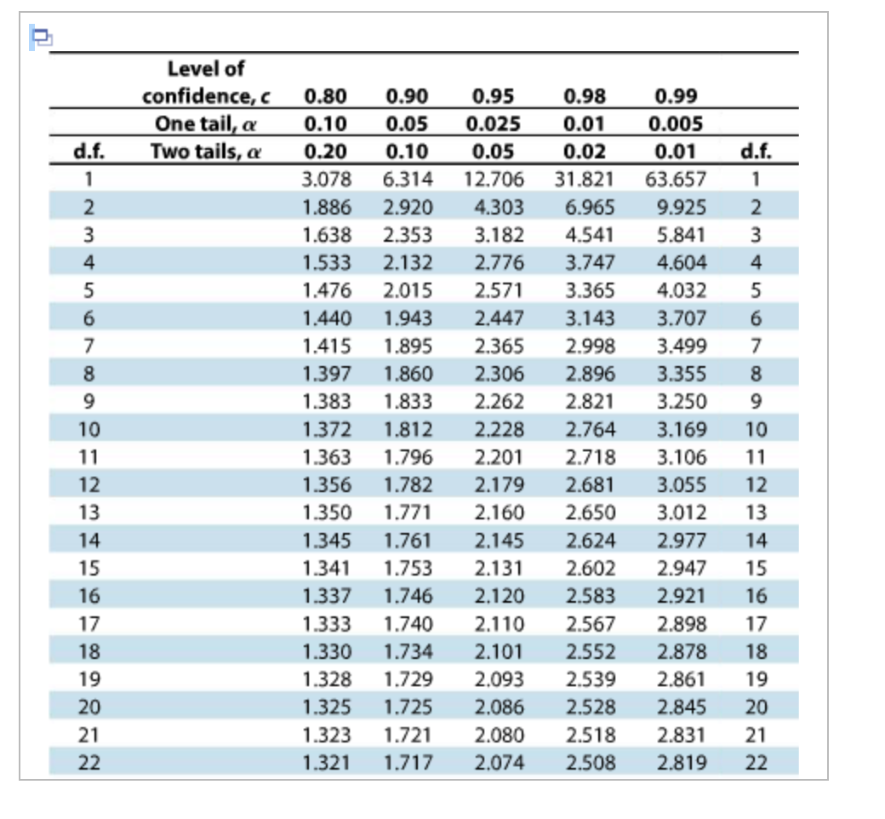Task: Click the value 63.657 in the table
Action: click(676, 180)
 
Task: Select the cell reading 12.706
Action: click(495, 180)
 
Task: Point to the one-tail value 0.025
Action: click(494, 124)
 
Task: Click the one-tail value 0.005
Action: click(676, 124)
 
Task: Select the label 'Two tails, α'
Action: click(205, 152)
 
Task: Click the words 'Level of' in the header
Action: click(206, 69)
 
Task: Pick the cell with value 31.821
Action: click(586, 180)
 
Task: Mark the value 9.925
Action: click(681, 208)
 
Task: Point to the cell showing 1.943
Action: click(408, 318)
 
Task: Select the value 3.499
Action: click(681, 346)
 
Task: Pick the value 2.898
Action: click(681, 624)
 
